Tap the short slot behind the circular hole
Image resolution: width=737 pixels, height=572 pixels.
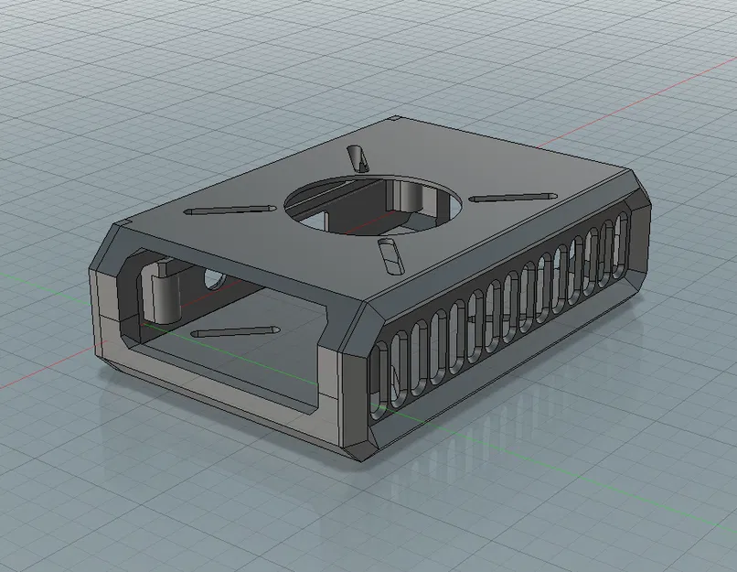point(358,159)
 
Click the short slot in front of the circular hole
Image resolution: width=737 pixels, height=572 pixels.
point(390,257)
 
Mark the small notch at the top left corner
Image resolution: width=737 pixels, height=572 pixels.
point(123,225)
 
